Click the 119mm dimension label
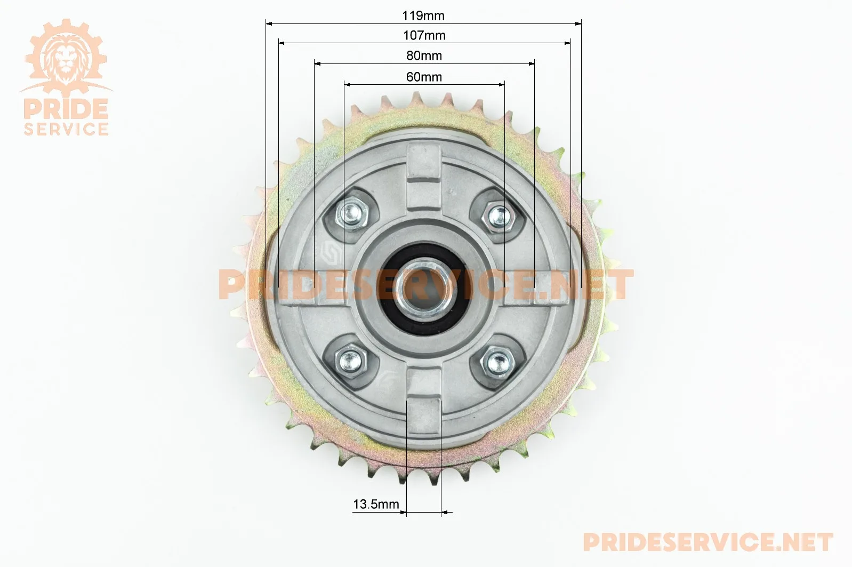coord(423,15)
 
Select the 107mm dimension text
coord(424,35)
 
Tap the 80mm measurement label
coord(424,55)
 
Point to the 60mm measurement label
coord(424,77)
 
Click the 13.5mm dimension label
coord(376,504)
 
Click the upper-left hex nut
coord(351,214)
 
